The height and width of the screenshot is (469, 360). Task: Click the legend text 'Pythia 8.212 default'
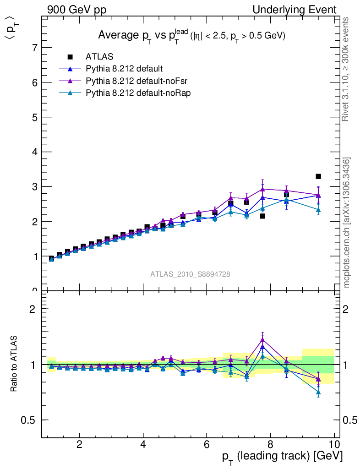124,69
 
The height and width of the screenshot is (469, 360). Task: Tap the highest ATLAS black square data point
318,176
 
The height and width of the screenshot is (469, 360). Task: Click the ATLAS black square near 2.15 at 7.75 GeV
262,216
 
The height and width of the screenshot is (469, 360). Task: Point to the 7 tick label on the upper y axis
34,48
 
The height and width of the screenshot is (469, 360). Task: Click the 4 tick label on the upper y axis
34,152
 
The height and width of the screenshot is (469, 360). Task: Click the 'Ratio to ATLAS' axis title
15,364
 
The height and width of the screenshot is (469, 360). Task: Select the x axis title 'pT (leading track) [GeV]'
282,457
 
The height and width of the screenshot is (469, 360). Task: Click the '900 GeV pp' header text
76,10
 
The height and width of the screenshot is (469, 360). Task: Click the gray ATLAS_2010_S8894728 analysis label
190,274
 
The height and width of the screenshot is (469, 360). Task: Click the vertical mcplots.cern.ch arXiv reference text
347,223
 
